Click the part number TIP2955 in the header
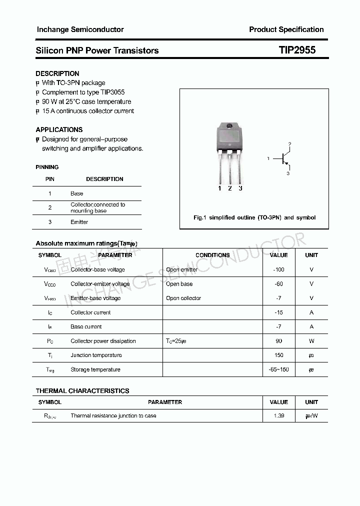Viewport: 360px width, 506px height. [x=297, y=50]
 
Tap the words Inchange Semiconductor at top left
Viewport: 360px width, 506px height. [x=80, y=29]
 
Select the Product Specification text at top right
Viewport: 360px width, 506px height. [x=286, y=29]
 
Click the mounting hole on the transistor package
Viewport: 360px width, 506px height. [x=229, y=126]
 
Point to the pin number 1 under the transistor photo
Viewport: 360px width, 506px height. [x=219, y=188]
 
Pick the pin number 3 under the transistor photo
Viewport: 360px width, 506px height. [x=240, y=188]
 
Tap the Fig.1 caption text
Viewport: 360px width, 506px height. [x=254, y=217]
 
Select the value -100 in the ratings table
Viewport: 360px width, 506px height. [x=278, y=269]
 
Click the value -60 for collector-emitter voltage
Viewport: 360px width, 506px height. [x=278, y=284]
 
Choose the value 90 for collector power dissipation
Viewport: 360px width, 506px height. [x=278, y=341]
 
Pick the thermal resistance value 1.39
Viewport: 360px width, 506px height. [x=278, y=416]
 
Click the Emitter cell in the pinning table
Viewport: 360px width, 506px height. [x=79, y=222]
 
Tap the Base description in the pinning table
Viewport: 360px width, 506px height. [x=77, y=193]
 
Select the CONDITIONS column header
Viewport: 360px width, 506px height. [x=212, y=255]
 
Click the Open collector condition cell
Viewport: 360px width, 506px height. [x=183, y=298]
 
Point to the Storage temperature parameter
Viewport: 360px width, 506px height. [x=95, y=370]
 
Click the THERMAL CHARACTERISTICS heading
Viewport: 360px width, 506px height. [x=82, y=391]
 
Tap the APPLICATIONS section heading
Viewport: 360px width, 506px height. [x=59, y=129]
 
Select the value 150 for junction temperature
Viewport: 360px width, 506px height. [x=278, y=355]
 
